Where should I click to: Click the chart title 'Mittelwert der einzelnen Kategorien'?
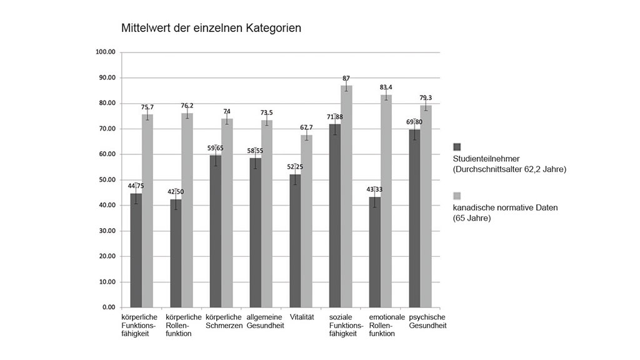[x=211, y=28]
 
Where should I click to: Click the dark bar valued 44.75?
[x=136, y=250]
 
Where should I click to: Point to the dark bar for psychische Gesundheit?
[x=414, y=218]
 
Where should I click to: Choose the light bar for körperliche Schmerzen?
[x=227, y=212]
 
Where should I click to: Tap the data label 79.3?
[x=426, y=97]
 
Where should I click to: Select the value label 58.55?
[x=255, y=151]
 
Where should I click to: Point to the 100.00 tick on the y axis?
[x=105, y=52]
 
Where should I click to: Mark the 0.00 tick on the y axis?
[x=109, y=307]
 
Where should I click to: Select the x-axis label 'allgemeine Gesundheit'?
[x=265, y=321]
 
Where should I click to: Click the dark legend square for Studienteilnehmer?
[x=457, y=147]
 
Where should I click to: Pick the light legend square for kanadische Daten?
[x=457, y=196]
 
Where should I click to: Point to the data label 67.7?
[x=306, y=127]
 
